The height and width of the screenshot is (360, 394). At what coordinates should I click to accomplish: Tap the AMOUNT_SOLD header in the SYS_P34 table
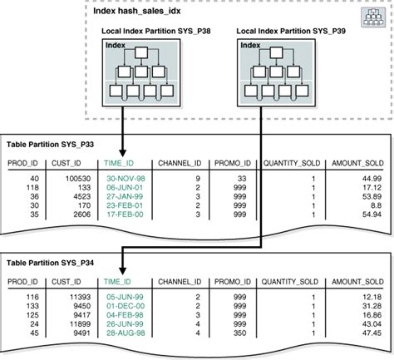click(357, 283)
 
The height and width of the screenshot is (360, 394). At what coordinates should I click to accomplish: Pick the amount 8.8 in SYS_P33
click(376, 205)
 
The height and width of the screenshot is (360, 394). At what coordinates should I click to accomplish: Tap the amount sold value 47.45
click(371, 333)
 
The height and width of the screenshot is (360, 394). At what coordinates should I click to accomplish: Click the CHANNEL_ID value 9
click(197, 178)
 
